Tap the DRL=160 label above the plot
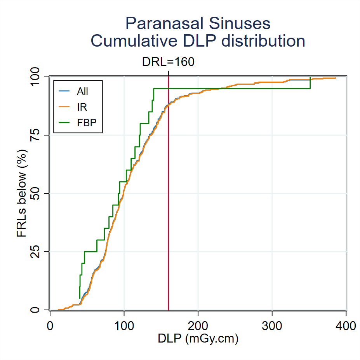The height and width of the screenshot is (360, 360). (x=168, y=62)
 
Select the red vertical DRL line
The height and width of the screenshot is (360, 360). (x=169, y=194)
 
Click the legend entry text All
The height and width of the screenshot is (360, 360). (x=82, y=92)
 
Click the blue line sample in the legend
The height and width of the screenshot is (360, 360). (x=64, y=92)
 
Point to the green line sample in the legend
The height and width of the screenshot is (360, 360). (x=64, y=122)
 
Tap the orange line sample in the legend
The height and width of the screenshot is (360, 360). (x=64, y=107)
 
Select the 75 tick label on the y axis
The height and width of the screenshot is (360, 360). (x=38, y=135)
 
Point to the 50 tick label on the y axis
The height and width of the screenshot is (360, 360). (x=38, y=193)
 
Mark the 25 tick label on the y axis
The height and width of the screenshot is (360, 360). (x=38, y=252)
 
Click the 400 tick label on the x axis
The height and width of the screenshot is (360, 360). (x=346, y=325)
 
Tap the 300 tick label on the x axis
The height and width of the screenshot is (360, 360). (x=272, y=325)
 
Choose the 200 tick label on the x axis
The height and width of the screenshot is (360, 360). (x=198, y=325)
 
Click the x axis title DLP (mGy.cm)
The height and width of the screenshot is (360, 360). (x=198, y=339)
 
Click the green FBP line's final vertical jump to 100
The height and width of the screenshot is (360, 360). (x=310, y=83)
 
